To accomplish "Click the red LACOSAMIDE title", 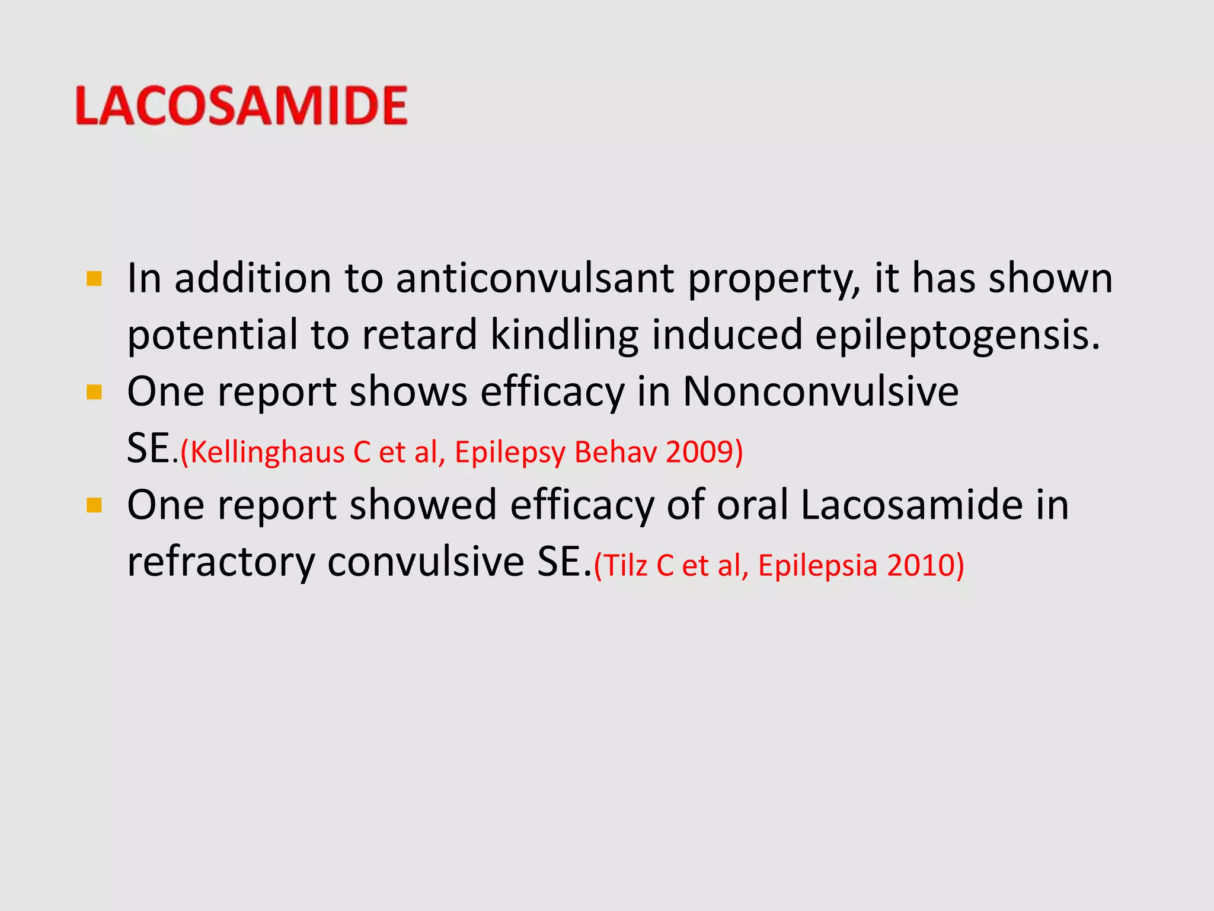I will [241, 106].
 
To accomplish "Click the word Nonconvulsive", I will [820, 391].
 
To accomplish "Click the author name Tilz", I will [626, 565].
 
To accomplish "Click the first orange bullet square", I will [94, 279].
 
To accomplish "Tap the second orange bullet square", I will [94, 392].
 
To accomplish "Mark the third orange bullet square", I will [94, 505].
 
